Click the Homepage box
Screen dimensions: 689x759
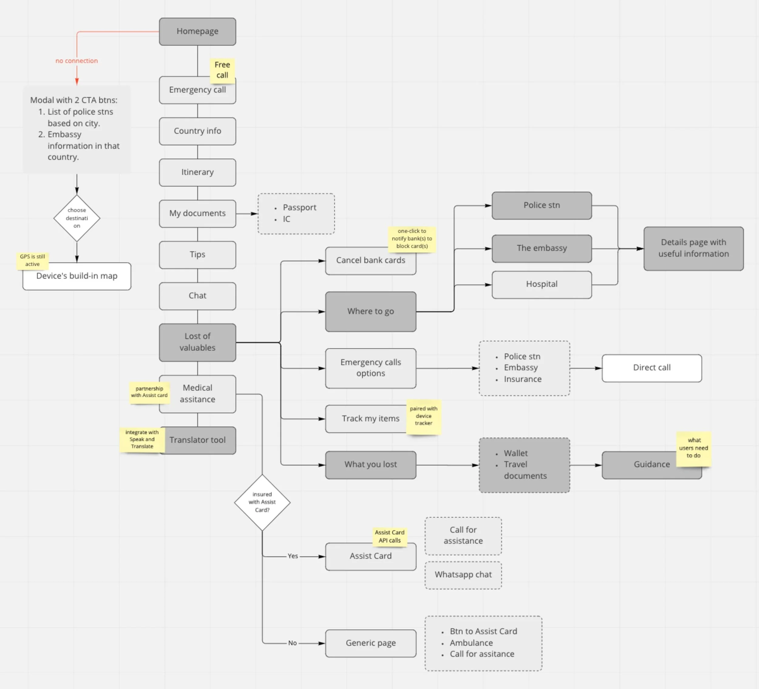[x=197, y=32]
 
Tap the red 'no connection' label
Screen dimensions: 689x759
[x=77, y=61]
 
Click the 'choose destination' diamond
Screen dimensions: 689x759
[x=77, y=218]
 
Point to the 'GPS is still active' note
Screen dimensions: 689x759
[x=32, y=260]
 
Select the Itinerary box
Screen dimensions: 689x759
[x=197, y=172]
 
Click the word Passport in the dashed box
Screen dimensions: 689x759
[x=299, y=207]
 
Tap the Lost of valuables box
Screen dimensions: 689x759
[x=197, y=342]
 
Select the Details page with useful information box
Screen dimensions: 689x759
[x=693, y=248]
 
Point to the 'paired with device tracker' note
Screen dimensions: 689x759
[x=424, y=416]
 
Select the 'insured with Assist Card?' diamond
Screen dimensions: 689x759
[x=262, y=502]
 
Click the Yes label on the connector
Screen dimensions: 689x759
[x=293, y=556]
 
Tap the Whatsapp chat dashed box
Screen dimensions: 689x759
[x=463, y=575]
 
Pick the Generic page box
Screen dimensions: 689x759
[x=370, y=643]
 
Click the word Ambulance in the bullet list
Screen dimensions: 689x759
[x=471, y=643]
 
